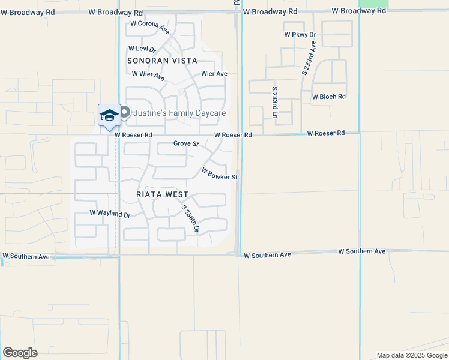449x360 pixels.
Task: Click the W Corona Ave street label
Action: (150, 27)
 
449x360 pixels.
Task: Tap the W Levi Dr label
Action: (142, 49)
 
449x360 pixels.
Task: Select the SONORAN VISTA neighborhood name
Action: (162, 61)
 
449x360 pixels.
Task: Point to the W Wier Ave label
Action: (148, 76)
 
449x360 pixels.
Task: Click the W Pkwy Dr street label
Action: (300, 35)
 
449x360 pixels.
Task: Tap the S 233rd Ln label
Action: (274, 101)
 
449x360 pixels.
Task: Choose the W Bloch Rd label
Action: (329, 97)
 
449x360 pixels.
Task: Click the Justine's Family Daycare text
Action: (179, 113)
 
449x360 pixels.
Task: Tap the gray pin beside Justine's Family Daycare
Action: (125, 112)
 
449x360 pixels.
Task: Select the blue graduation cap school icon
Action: (109, 115)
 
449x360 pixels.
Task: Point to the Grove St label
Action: (186, 143)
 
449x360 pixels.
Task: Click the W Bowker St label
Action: (220, 174)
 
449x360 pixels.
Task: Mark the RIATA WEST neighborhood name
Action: (162, 195)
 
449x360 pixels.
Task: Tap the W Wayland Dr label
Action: (110, 213)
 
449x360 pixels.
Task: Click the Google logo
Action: (20, 353)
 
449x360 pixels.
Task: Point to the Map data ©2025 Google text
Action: (411, 355)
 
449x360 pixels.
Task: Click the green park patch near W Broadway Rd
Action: (373, 4)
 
